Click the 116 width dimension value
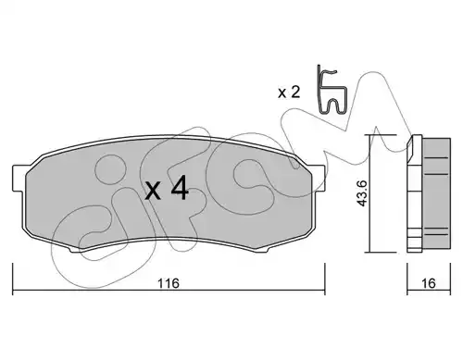point(169,283)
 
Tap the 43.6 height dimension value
point(361,193)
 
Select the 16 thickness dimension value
point(429,283)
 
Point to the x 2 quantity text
point(289,92)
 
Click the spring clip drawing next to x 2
point(332,90)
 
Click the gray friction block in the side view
point(436,193)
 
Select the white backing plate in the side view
point(415,193)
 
